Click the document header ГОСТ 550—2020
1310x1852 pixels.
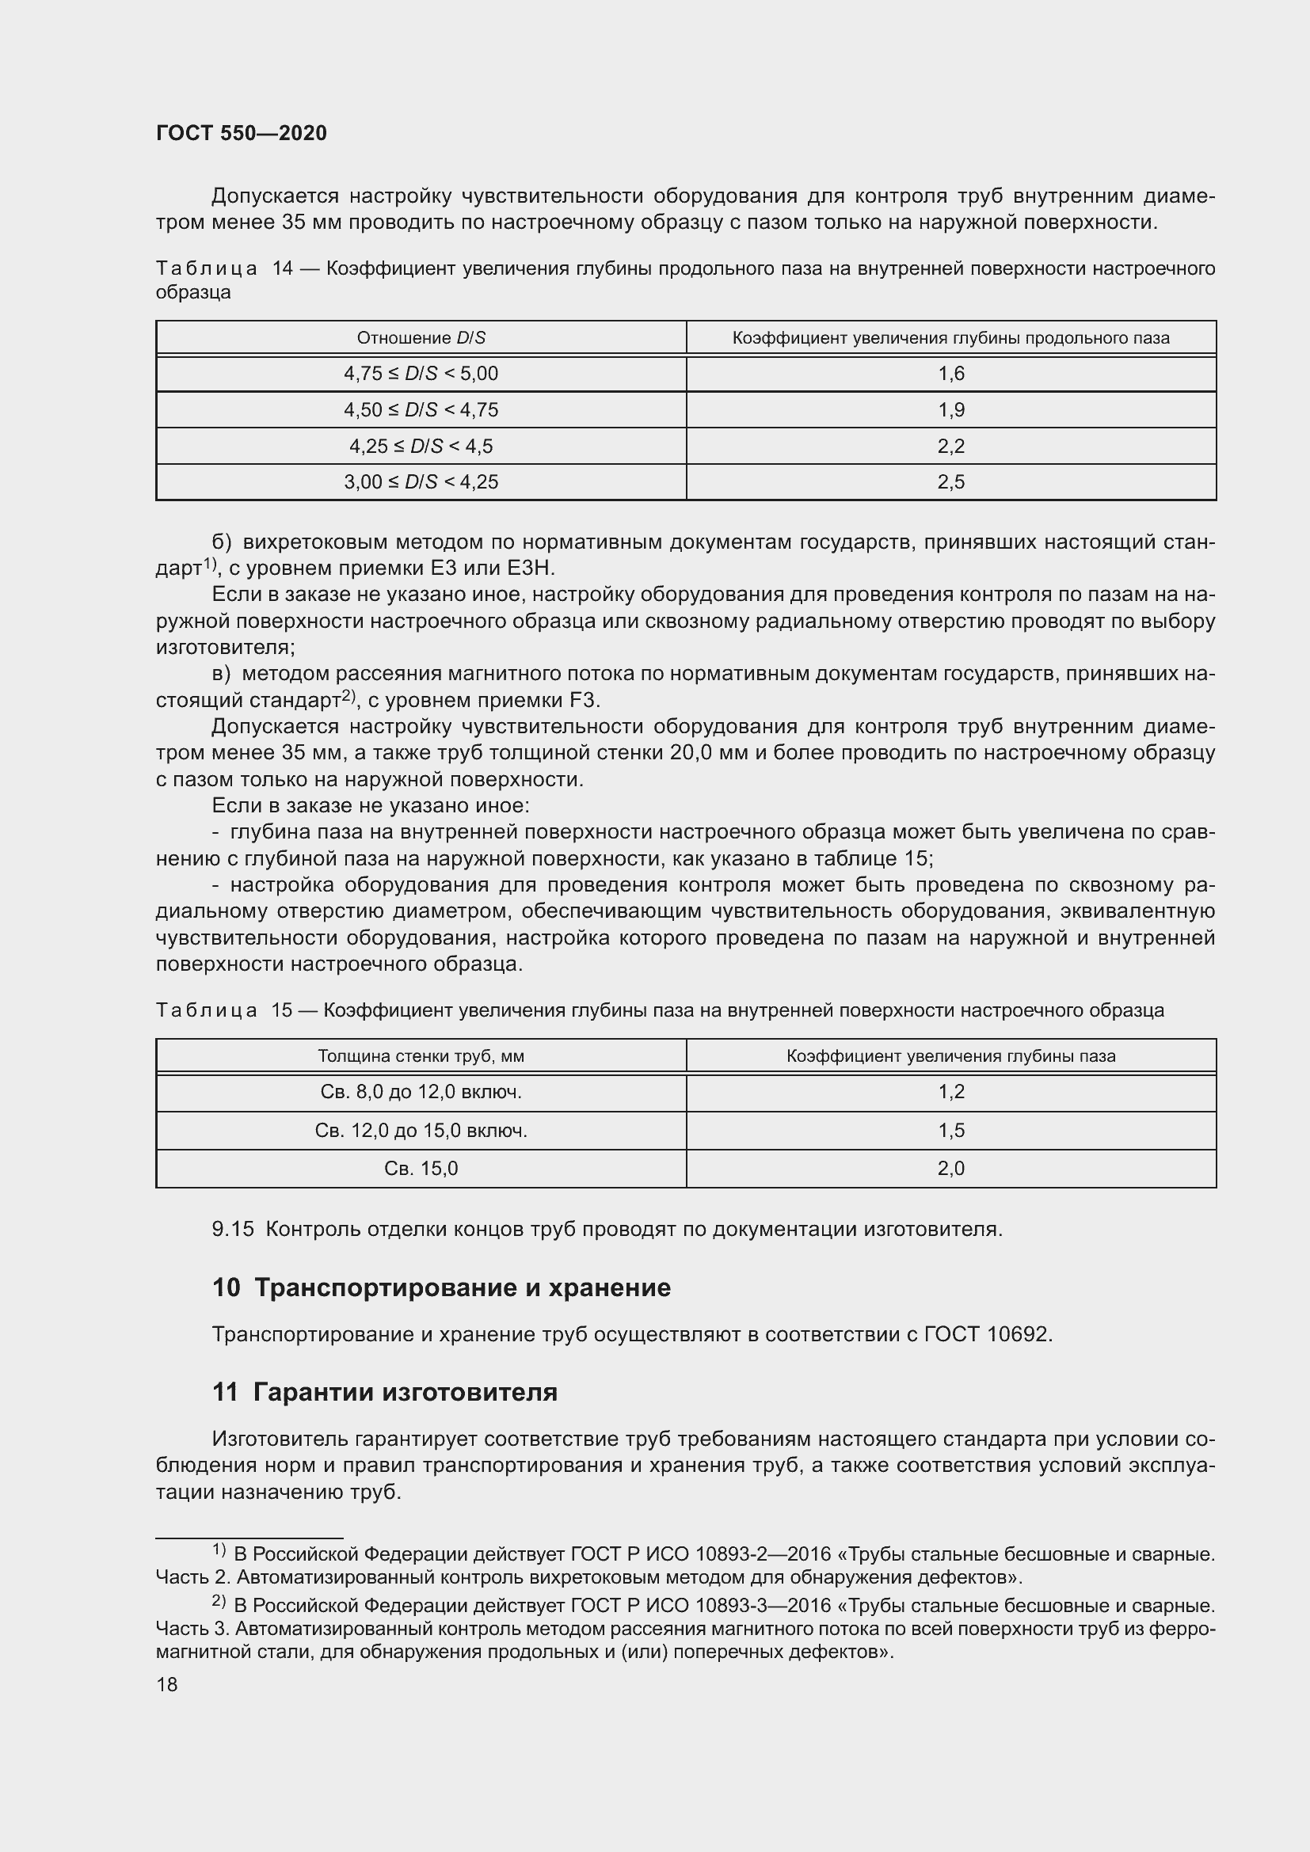[242, 134]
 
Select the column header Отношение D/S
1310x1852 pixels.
[421, 338]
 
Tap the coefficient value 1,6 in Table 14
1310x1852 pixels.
[951, 375]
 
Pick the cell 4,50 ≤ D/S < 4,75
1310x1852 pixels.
[421, 410]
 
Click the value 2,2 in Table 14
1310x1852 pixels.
[951, 446]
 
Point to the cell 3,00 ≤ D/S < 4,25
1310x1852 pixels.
[421, 482]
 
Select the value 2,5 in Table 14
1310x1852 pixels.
[951, 482]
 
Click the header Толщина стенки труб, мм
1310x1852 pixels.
[421, 1057]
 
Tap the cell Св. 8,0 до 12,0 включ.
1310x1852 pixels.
[421, 1092]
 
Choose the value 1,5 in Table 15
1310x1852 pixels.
[951, 1131]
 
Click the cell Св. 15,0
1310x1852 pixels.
[421, 1169]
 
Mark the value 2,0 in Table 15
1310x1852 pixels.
[951, 1169]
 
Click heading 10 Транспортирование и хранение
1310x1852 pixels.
[441, 1288]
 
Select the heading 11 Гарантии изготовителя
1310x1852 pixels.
[385, 1393]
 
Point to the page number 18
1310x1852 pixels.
[167, 1685]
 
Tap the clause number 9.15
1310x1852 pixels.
[232, 1230]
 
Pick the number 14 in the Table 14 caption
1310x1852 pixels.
[282, 268]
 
